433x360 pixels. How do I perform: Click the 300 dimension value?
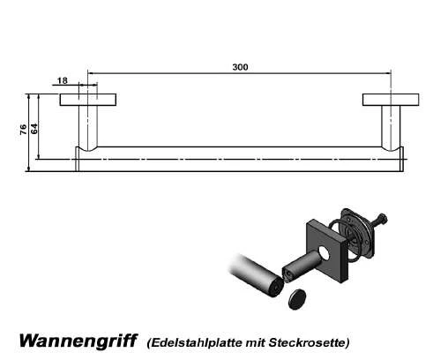coord(240,67)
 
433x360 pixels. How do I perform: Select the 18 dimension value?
coord(63,80)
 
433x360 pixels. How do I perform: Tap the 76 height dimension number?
coord(23,130)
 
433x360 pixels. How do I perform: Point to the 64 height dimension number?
coord(34,129)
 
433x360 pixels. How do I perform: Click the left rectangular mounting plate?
coord(88,100)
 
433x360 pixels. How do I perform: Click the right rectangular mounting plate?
coord(391,100)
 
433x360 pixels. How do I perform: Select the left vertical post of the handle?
coord(88,128)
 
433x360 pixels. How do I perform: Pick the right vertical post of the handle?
coord(391,128)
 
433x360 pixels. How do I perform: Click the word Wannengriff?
coord(78,341)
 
